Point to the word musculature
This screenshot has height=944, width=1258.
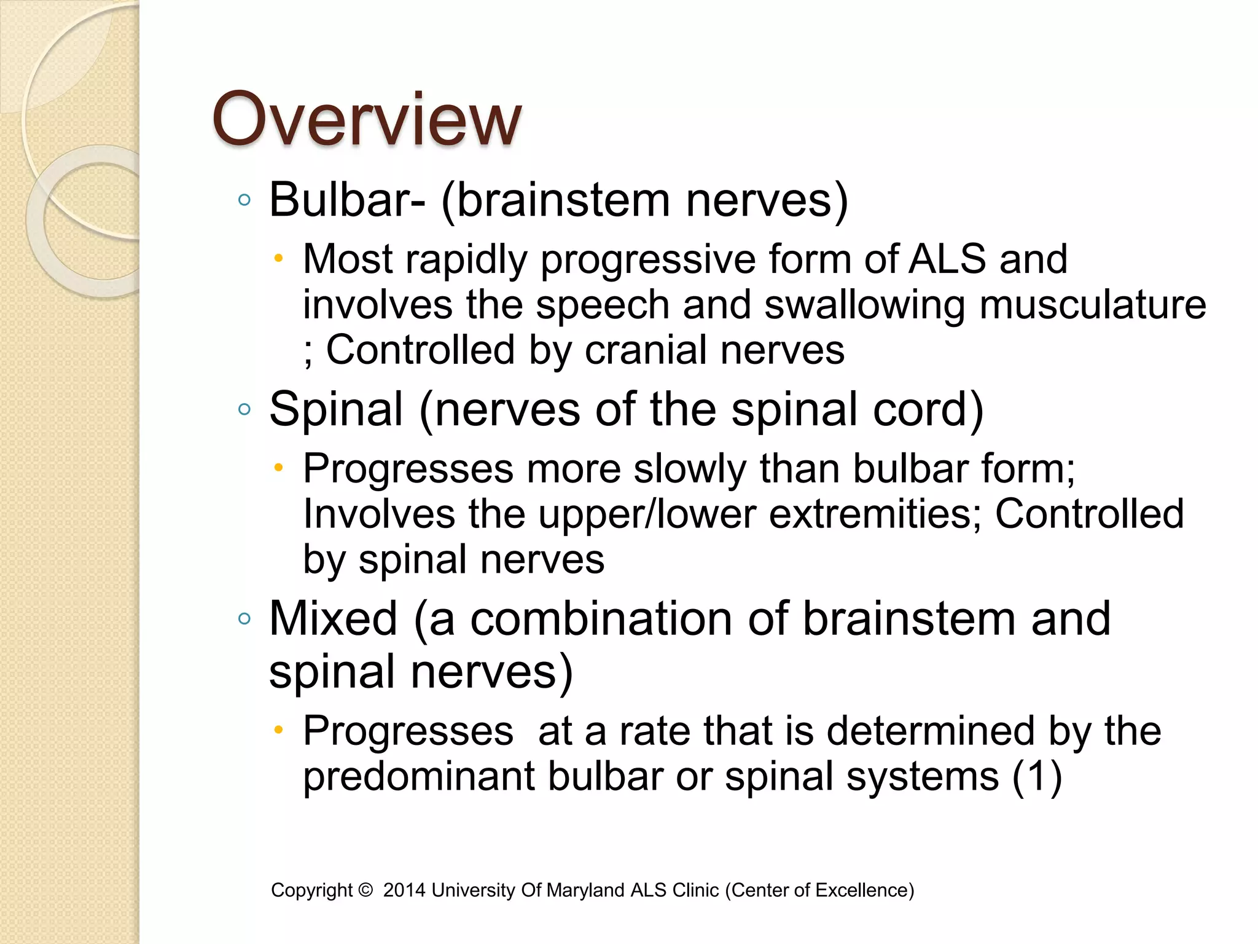pyautogui.click(x=1093, y=304)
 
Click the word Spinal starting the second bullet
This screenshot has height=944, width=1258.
pyautogui.click(x=336, y=410)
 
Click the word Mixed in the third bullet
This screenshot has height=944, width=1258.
pyautogui.click(x=334, y=619)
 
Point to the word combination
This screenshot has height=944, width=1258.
pyautogui.click(x=601, y=619)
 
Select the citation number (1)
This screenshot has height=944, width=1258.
pyautogui.click(x=1037, y=777)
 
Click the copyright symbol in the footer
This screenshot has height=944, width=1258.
pyautogui.click(x=365, y=890)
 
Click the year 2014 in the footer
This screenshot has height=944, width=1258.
pyautogui.click(x=404, y=890)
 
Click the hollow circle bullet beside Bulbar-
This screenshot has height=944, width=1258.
pyautogui.click(x=244, y=200)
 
